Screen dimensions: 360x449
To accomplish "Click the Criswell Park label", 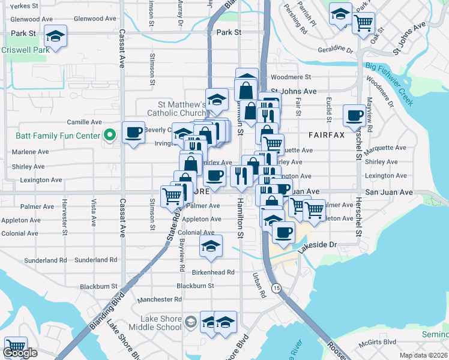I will [25, 50].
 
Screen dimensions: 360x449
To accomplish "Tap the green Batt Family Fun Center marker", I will [109, 136].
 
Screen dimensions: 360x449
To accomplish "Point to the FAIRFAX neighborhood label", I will [327, 135].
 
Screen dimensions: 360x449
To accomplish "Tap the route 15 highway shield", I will [276, 289].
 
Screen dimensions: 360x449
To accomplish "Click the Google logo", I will [20, 353].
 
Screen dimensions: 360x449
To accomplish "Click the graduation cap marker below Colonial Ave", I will [210, 246].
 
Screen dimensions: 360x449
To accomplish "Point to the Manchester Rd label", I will [159, 299].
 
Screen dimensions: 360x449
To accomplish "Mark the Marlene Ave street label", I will [29, 152].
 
